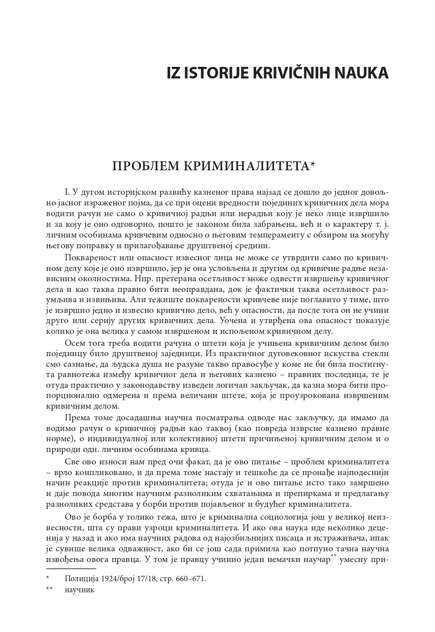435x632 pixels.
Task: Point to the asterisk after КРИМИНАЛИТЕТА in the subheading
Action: coord(313,164)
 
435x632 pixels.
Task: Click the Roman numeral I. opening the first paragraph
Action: coord(67,193)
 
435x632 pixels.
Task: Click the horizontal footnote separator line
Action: coord(71,569)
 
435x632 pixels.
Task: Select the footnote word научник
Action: coord(79,590)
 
